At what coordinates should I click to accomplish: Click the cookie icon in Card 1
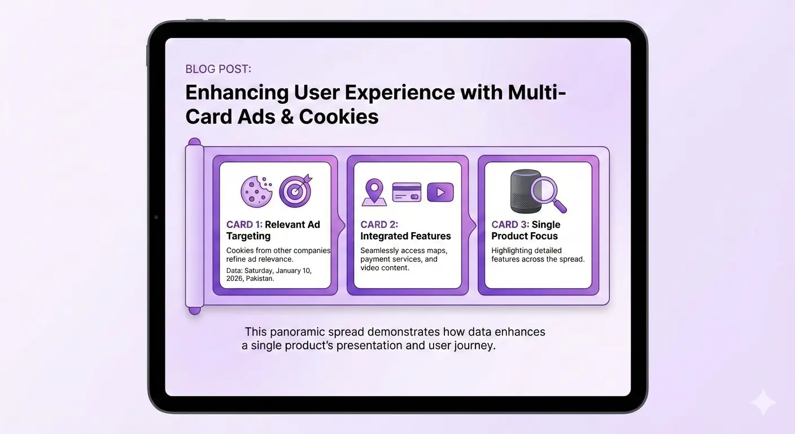tap(256, 192)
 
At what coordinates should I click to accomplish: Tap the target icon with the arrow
tap(295, 191)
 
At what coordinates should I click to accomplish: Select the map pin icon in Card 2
tap(374, 192)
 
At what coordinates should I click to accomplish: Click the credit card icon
tap(407, 192)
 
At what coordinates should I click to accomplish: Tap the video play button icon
tap(440, 192)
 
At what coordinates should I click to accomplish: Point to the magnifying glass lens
tap(545, 190)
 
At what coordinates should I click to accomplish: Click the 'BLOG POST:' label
tap(219, 69)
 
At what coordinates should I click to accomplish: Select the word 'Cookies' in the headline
tap(339, 116)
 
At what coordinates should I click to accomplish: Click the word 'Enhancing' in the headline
tap(237, 93)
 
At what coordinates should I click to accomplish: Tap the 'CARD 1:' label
tap(244, 224)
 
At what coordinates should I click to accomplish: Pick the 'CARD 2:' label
tap(379, 224)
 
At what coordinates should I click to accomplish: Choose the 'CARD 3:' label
tap(510, 224)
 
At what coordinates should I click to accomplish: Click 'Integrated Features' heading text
tap(405, 236)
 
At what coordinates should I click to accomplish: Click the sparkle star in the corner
tap(763, 402)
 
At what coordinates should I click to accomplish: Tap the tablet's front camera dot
tap(156, 217)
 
